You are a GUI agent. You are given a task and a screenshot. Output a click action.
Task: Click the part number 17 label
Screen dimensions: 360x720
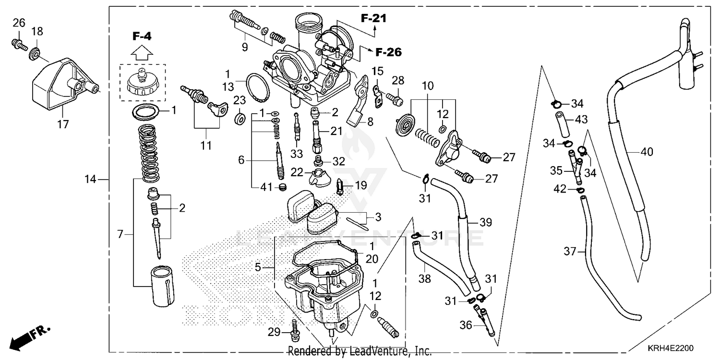pos(63,124)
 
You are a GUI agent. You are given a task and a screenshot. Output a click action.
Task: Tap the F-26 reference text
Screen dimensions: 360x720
pos(388,52)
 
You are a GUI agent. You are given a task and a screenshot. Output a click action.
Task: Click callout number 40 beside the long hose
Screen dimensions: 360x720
pos(647,152)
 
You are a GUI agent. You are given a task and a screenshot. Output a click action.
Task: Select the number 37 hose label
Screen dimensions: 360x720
pos(569,251)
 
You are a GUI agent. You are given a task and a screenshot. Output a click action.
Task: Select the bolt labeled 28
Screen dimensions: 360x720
pos(396,98)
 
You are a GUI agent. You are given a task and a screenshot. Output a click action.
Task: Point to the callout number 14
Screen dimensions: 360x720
pos(90,180)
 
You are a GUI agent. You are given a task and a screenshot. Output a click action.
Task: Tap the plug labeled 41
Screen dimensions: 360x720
pos(282,186)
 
